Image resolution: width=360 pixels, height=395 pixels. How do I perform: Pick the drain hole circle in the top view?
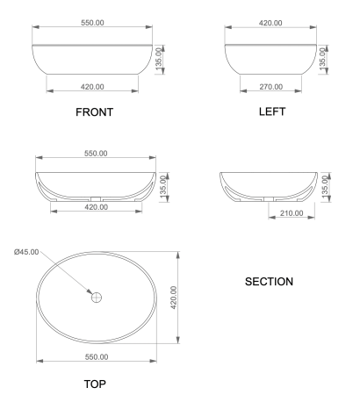coord(97,298)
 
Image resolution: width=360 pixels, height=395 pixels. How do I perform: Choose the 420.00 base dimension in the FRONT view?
coord(92,86)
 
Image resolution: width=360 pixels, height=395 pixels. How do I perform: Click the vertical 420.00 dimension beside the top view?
coord(173,297)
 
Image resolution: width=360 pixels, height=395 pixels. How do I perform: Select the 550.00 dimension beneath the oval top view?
coord(95,356)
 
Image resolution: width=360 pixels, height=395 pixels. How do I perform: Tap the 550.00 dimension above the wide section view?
coord(94,154)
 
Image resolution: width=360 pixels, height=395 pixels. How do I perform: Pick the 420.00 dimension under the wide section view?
coord(95,207)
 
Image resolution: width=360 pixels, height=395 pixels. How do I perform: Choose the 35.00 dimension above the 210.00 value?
coord(326,190)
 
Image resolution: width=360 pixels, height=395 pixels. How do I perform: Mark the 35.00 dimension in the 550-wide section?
coord(162,189)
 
